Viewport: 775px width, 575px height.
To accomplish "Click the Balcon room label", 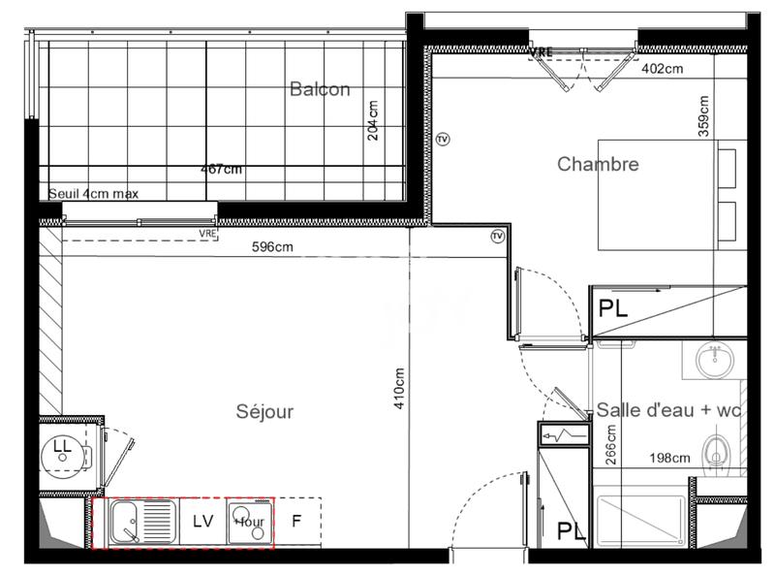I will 320,89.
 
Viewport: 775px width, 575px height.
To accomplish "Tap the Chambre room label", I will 598,164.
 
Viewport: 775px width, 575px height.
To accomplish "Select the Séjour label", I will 264,412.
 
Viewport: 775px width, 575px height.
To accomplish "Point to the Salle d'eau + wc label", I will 668,411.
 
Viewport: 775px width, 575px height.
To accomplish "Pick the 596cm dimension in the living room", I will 272,247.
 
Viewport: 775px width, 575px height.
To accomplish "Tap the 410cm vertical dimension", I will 398,388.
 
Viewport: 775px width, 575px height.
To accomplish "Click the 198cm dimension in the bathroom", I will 670,458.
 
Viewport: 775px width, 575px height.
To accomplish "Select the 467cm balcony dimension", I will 221,169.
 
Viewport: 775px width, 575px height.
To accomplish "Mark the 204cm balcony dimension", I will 373,120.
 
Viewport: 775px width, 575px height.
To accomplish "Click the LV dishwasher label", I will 202,521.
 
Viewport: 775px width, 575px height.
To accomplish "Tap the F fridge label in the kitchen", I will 296,521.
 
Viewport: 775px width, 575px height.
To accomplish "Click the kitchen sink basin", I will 127,523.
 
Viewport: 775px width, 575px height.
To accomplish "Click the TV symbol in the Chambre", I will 443,139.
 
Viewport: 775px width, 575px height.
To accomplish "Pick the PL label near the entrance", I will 570,531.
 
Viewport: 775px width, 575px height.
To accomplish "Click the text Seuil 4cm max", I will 94,194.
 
